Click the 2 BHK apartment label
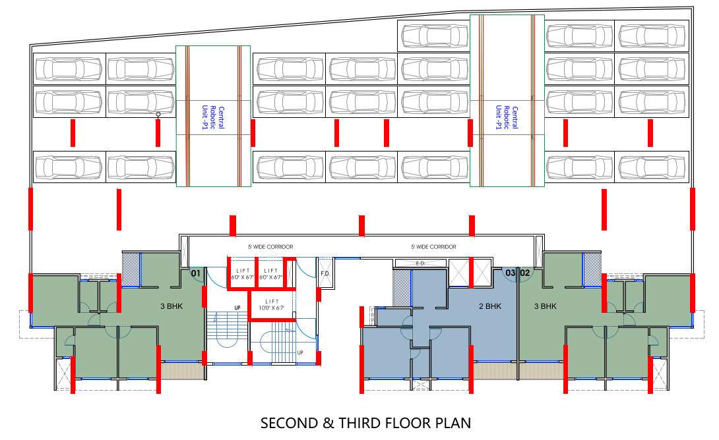pyautogui.click(x=490, y=306)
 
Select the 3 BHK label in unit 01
pyautogui.click(x=172, y=306)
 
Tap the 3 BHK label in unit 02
pyautogui.click(x=545, y=306)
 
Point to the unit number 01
pyautogui.click(x=195, y=273)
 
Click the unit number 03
pyautogui.click(x=510, y=273)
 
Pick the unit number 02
pyautogui.click(x=525, y=273)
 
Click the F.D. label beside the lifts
pyautogui.click(x=325, y=273)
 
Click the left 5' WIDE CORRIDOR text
pyautogui.click(x=270, y=247)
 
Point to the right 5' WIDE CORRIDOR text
pyautogui.click(x=433, y=247)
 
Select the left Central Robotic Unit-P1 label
pyautogui.click(x=212, y=117)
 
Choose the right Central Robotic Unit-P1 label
pyautogui.click(x=507, y=117)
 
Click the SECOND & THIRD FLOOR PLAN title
pyautogui.click(x=365, y=423)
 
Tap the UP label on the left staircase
pyautogui.click(x=237, y=308)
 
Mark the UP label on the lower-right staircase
pyautogui.click(x=300, y=353)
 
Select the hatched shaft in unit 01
pyautogui.click(x=131, y=269)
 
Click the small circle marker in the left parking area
pyautogui.click(x=158, y=115)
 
